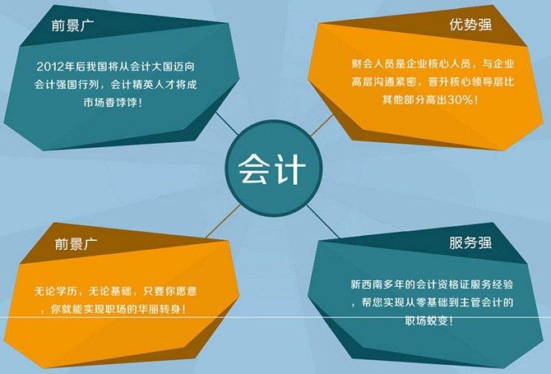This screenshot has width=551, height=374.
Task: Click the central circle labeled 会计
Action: [273, 169]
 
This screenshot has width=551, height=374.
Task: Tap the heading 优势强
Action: [470, 25]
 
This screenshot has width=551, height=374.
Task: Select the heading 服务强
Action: [470, 242]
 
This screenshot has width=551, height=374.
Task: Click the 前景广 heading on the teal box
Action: [72, 25]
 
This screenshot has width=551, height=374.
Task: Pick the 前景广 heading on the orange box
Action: [76, 244]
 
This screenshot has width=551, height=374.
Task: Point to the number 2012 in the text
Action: [50, 67]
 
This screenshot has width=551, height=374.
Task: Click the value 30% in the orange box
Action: [460, 100]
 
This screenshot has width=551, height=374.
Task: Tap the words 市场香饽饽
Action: [110, 103]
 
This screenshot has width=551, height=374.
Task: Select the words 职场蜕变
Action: [426, 321]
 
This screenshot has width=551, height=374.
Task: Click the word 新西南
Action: [366, 284]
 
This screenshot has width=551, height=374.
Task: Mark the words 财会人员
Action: [373, 63]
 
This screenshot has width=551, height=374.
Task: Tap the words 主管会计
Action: [481, 302]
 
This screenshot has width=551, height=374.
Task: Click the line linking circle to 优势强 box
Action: [322, 125]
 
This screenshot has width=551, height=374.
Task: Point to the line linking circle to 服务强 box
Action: [322, 221]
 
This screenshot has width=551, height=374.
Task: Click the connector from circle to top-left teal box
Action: [227, 123]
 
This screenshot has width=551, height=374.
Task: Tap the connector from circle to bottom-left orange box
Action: [223, 221]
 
